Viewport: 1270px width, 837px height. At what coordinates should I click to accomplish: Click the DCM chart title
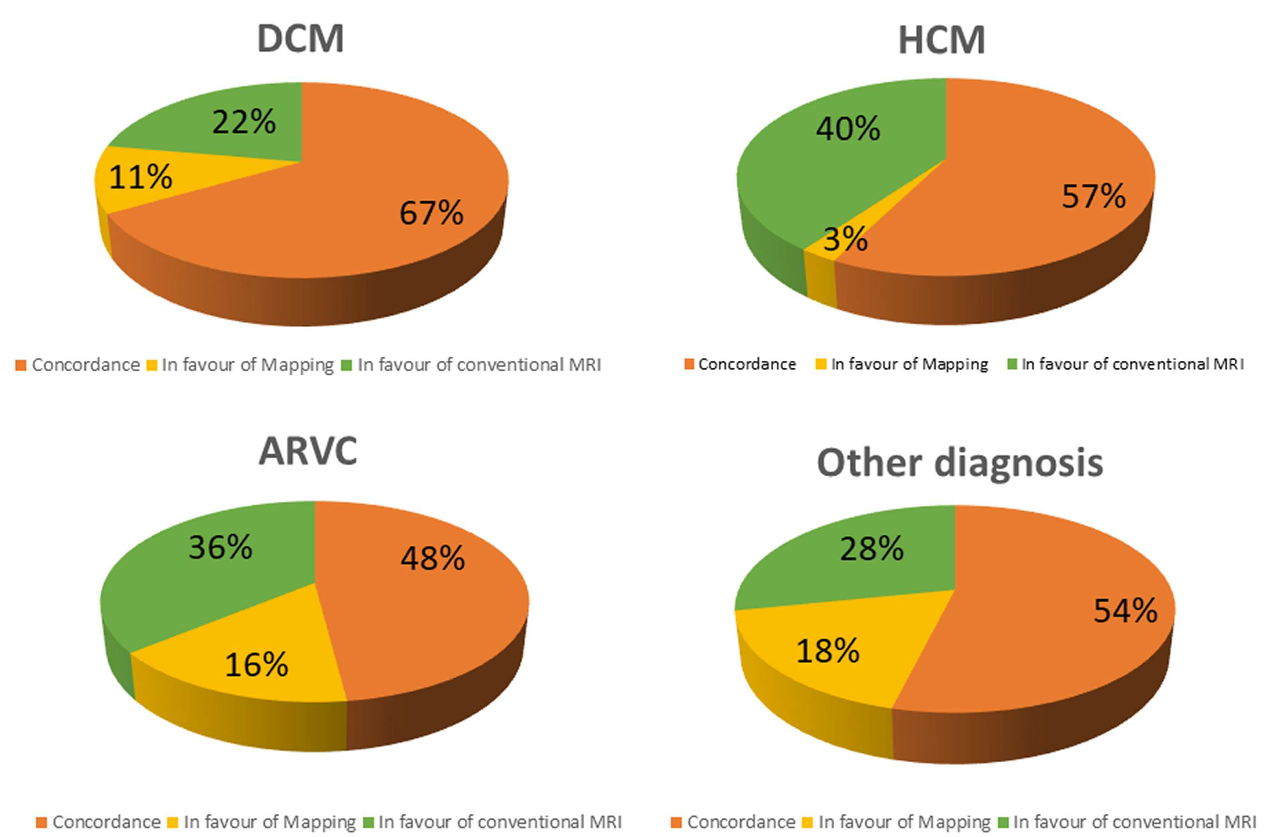pos(301,39)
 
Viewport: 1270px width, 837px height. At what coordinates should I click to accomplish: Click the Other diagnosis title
pos(959,462)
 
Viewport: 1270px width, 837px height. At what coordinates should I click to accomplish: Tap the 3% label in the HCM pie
pos(845,240)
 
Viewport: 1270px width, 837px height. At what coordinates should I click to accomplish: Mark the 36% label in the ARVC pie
pos(220,548)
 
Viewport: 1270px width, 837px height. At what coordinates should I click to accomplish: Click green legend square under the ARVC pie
pos(368,822)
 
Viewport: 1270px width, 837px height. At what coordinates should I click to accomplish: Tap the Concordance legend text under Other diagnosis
pos(741,822)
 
